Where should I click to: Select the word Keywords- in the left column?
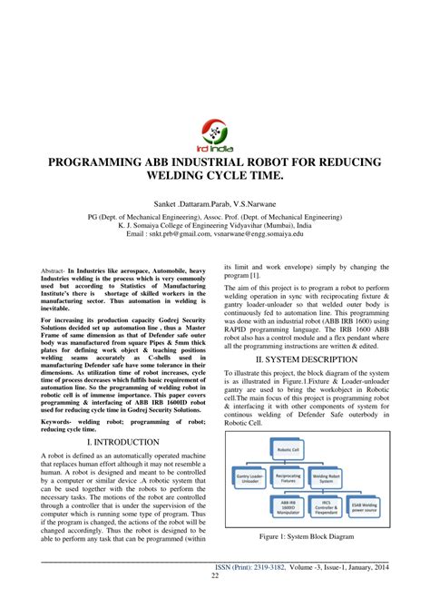click(x=61, y=420)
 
